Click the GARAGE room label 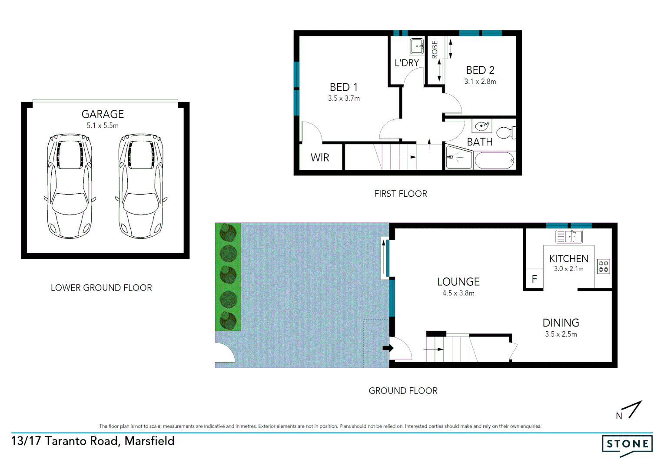tap(103, 114)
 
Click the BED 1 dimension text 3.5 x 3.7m tap(344, 99)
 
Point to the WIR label tap(320, 158)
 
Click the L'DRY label tap(407, 63)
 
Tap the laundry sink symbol tap(417, 46)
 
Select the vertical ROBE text tap(435, 50)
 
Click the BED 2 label tap(480, 70)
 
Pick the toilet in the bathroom tap(506, 132)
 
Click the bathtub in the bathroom tap(495, 161)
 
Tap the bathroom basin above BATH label tap(481, 126)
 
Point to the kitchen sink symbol tap(569, 237)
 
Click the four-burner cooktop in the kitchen tap(603, 266)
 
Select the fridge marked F tap(535, 279)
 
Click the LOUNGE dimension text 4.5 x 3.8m tap(458, 293)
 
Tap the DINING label tap(561, 323)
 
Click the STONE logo tap(627, 444)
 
